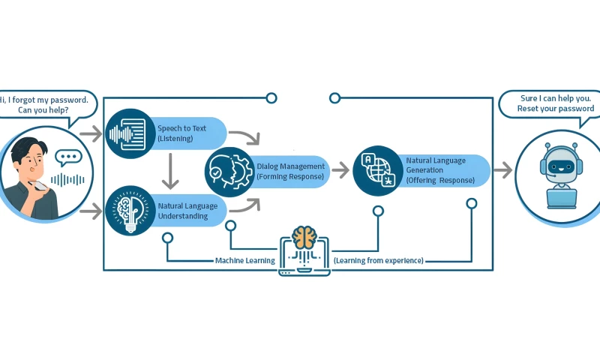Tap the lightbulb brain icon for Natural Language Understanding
[x=129, y=211]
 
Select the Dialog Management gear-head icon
[x=229, y=171]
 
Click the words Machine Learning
[x=244, y=260]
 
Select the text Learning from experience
[x=379, y=260]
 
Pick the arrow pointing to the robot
[x=502, y=171]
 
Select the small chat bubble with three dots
[x=68, y=158]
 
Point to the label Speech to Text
[x=181, y=128]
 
